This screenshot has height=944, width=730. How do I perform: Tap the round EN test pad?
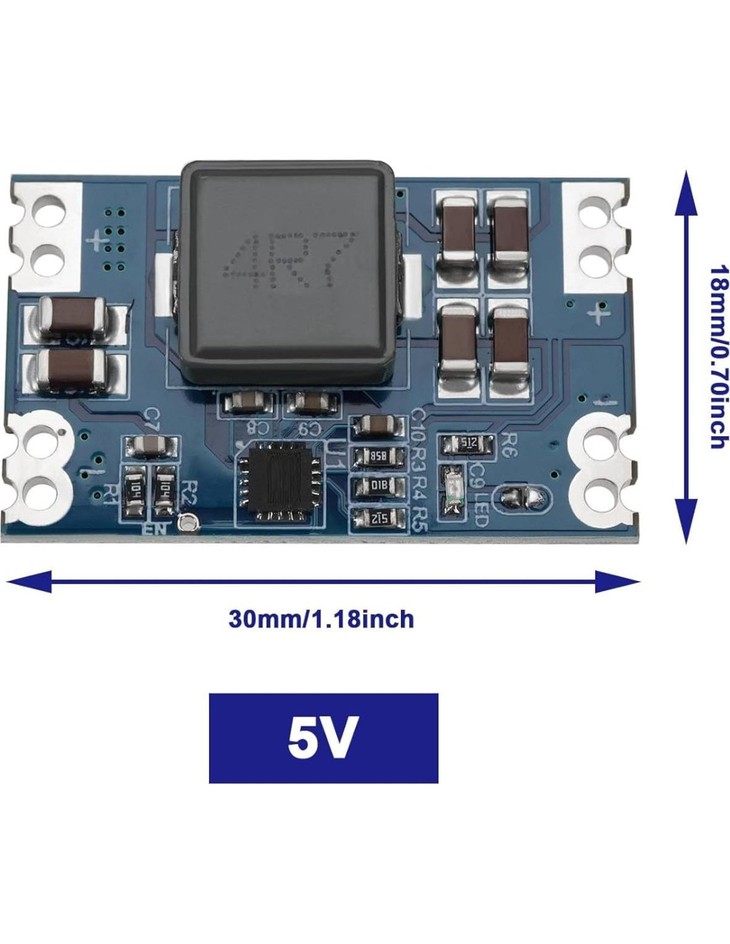188,524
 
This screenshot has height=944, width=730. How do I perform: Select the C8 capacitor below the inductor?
248,403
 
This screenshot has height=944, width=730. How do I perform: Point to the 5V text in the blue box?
323,738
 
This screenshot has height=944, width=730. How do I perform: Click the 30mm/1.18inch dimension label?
321,619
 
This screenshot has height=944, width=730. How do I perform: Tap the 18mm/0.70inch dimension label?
718,357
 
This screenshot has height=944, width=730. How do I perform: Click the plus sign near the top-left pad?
100,240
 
